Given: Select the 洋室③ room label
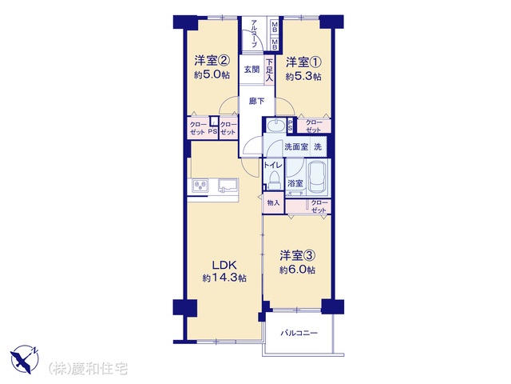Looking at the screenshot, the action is [x=297, y=256].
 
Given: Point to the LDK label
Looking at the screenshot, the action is [x=224, y=265].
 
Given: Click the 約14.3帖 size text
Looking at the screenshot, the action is [x=224, y=278].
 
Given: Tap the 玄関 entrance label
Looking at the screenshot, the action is [x=252, y=70].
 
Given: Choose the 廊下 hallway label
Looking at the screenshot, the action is [x=257, y=102].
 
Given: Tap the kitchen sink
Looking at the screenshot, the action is [x=228, y=186].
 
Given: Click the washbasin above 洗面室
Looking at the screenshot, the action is [x=276, y=126].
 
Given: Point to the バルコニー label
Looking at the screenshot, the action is [x=299, y=334].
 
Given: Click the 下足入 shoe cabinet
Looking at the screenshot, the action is [x=269, y=70].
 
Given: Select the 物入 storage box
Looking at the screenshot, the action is [x=274, y=202].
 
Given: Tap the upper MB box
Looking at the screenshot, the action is [x=275, y=26].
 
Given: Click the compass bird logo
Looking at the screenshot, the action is [x=25, y=358].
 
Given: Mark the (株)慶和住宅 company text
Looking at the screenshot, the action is [x=88, y=369].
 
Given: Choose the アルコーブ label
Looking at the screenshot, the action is [x=255, y=34].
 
